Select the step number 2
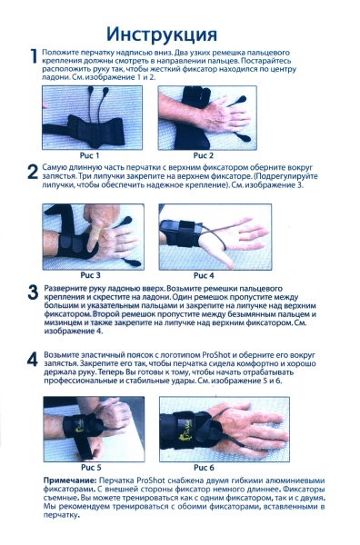33,171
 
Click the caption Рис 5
91,466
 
